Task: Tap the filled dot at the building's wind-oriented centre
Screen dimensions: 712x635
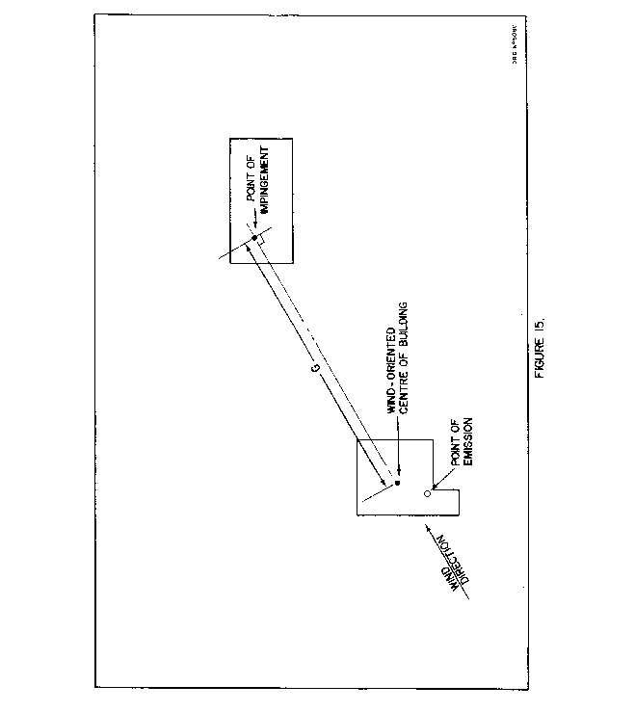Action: point(397,482)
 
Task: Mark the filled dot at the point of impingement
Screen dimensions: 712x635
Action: point(254,238)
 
